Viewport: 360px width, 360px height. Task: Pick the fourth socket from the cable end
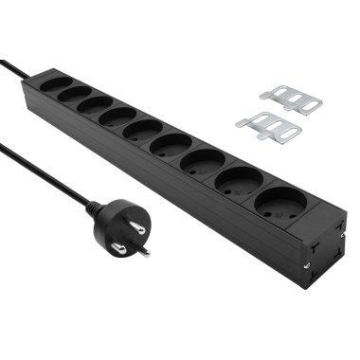(116, 117)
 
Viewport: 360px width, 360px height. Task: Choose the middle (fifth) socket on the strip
(141, 130)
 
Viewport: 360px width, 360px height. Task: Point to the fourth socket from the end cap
(170, 144)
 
